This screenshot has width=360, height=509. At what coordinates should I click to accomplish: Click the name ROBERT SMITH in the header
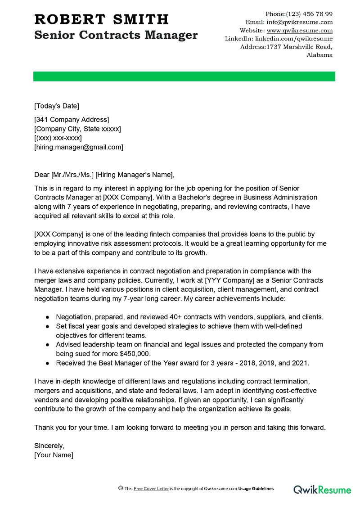click(102, 19)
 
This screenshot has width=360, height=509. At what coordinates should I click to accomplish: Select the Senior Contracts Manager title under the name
click(116, 35)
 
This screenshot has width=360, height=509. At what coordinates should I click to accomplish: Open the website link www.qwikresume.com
click(300, 31)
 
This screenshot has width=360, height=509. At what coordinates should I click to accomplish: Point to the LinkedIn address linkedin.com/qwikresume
click(294, 39)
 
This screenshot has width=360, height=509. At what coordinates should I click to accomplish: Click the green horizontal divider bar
click(184, 77)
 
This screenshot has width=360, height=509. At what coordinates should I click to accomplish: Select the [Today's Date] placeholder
click(57, 106)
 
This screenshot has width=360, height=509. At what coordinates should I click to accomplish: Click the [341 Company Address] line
click(72, 120)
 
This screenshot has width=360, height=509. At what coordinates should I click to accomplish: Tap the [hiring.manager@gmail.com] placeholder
click(79, 147)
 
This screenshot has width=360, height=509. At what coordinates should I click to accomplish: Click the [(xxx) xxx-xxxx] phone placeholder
click(58, 138)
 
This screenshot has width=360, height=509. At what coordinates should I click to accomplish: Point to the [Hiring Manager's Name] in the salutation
click(134, 175)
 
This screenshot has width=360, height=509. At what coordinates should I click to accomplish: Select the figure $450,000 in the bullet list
click(135, 354)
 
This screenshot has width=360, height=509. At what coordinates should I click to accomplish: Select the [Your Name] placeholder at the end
click(54, 455)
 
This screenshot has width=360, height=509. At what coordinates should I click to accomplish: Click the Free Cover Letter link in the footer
click(151, 489)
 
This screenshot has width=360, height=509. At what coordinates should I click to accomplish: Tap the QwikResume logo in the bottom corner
click(322, 489)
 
